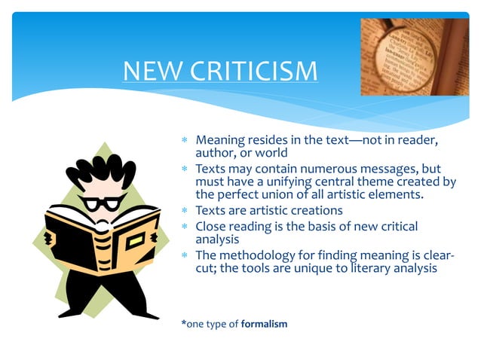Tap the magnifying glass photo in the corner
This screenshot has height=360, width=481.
(x=414, y=56)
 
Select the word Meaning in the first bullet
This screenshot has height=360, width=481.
(x=221, y=140)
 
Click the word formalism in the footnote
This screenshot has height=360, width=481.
(x=264, y=324)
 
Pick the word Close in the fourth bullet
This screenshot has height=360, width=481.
(x=212, y=226)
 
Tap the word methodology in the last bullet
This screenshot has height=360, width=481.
(x=256, y=254)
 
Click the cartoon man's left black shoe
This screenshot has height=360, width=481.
(x=72, y=312)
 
